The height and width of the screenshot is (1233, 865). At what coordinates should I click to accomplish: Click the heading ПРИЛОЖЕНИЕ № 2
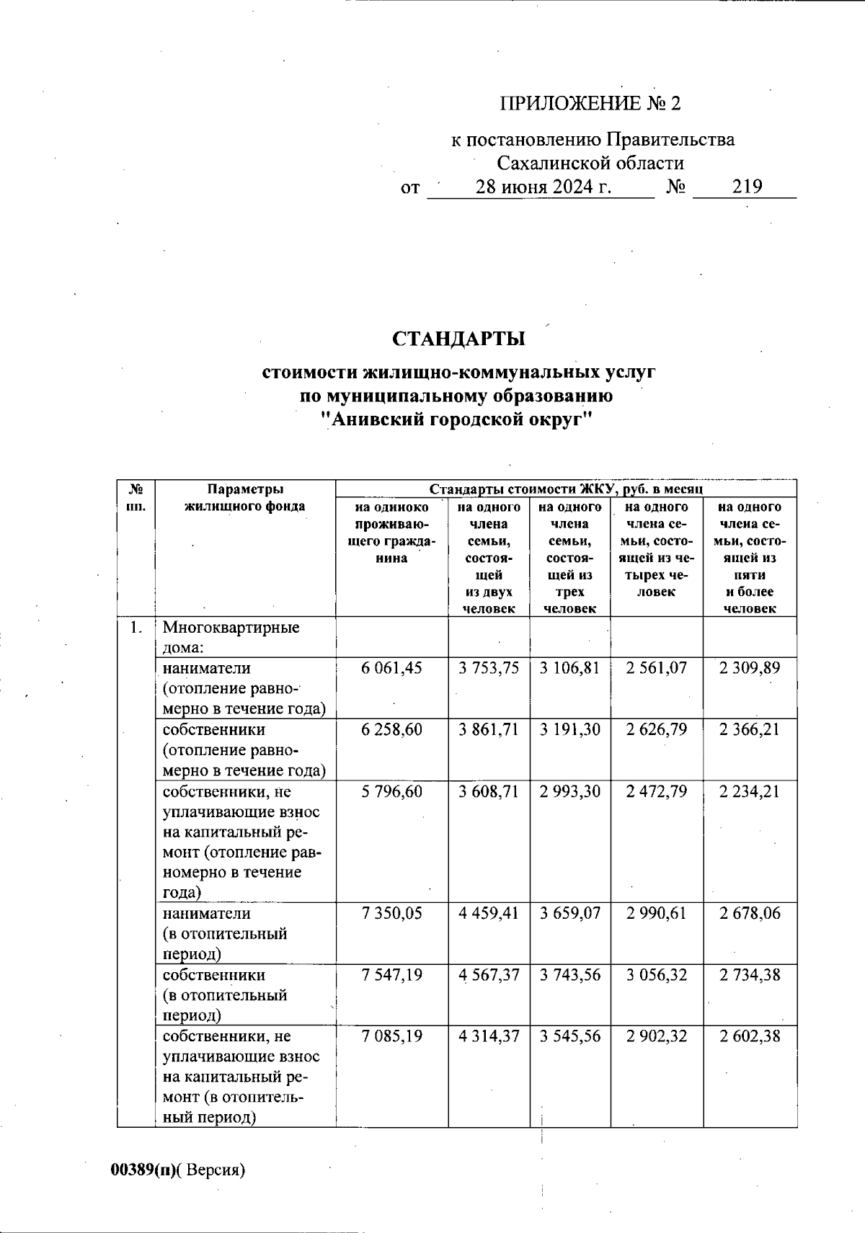point(590,104)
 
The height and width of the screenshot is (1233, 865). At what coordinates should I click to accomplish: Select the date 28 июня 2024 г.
point(544,187)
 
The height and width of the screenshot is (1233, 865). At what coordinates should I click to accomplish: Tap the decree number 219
point(747,187)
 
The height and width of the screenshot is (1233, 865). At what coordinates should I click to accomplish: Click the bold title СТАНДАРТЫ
point(458,339)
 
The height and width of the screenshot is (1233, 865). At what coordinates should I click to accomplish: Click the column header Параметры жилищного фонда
point(244,497)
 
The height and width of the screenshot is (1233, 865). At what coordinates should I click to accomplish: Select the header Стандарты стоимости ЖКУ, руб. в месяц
point(566,489)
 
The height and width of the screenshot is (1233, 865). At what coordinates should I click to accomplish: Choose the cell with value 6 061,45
point(391,668)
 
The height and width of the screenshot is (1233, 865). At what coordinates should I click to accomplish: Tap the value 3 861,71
point(489,730)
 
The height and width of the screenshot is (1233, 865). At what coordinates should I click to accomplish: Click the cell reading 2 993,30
point(570,792)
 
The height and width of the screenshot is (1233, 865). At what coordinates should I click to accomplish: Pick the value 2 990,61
point(657,914)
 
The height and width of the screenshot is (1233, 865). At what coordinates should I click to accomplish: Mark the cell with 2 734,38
point(750,975)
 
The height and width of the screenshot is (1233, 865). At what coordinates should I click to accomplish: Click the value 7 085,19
point(391,1036)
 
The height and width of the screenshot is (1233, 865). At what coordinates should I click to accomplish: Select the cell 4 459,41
point(489,914)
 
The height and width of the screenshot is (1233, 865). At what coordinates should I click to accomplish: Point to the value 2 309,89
point(750,668)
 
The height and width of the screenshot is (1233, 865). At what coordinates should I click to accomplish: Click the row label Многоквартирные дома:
point(231,637)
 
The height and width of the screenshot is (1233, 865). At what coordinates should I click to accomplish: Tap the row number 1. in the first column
point(136,628)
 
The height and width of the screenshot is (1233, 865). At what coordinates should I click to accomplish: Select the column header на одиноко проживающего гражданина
point(391,533)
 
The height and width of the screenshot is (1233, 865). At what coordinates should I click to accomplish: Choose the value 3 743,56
point(570,975)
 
